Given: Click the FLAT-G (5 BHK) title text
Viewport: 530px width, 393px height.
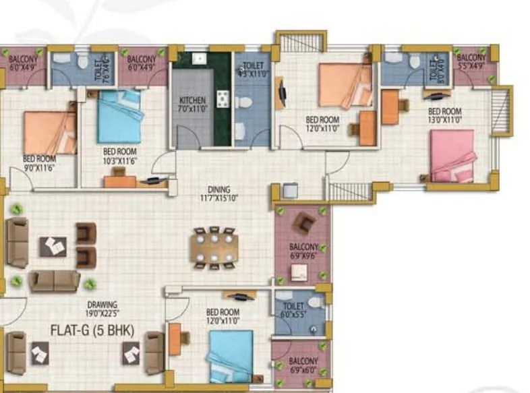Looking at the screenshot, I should click(x=93, y=330).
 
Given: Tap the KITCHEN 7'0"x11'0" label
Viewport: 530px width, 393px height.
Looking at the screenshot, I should click(x=192, y=104).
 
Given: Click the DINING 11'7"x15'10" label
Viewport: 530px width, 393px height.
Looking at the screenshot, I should click(x=219, y=193).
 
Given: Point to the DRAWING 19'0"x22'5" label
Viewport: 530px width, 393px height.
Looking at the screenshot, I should click(x=102, y=309).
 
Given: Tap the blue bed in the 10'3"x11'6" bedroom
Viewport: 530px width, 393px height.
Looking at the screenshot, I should click(x=119, y=115).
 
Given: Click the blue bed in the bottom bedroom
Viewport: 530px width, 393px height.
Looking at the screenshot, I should click(x=231, y=356).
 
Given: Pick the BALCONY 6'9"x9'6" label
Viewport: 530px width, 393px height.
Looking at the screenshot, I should click(x=303, y=251).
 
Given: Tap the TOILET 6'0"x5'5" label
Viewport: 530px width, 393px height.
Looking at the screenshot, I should click(x=293, y=310).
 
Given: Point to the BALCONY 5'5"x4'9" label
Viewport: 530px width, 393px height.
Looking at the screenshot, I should click(x=471, y=63).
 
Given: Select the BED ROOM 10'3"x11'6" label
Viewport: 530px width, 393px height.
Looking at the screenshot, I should click(x=119, y=156).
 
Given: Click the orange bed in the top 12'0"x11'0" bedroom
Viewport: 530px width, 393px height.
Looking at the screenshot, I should click(x=345, y=85).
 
